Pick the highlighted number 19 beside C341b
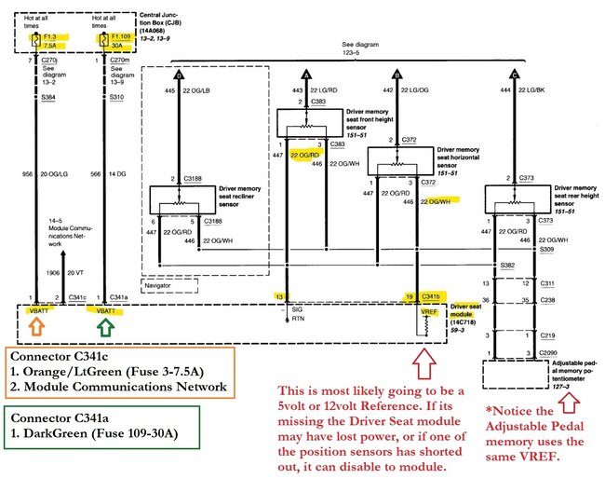point(409,296)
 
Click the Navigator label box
point(159,284)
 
